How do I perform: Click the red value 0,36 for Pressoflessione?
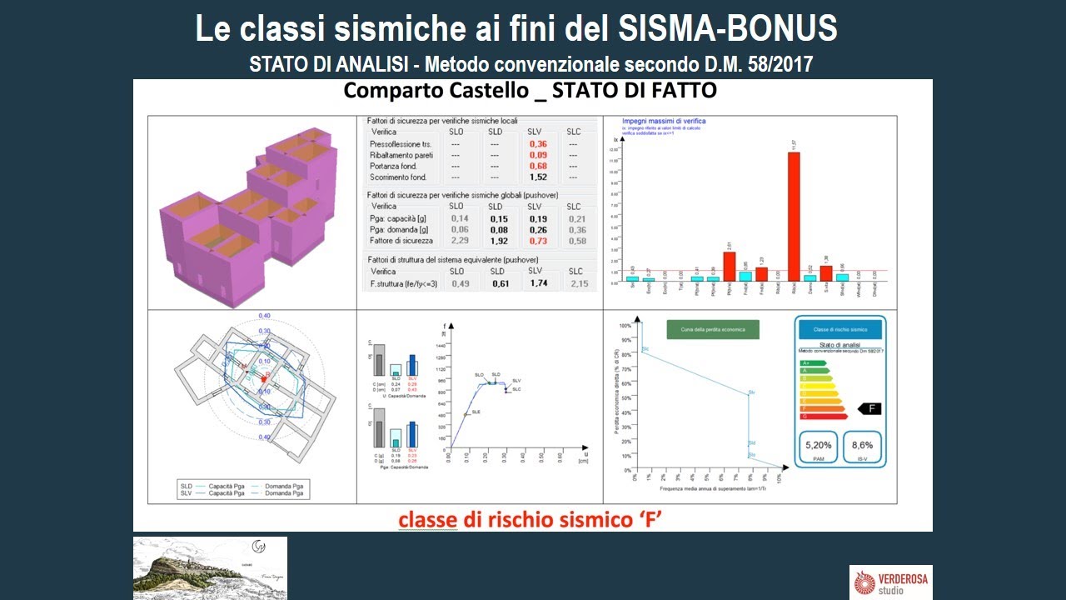pos(538,144)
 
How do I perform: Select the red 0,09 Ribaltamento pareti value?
pos(538,155)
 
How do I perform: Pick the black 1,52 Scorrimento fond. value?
pos(538,177)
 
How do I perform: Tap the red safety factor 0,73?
pos(538,241)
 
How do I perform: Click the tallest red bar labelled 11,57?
pos(794,217)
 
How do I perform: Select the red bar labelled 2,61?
pos(729,266)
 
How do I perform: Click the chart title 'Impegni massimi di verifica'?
pos(666,121)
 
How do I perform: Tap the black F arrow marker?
pos(869,408)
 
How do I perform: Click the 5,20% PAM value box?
pos(818,447)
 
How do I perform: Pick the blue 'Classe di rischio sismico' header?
pos(839,330)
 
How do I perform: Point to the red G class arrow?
pos(823,416)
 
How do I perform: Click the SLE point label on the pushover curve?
pos(476,412)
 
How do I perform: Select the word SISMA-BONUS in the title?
pos(728,28)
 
